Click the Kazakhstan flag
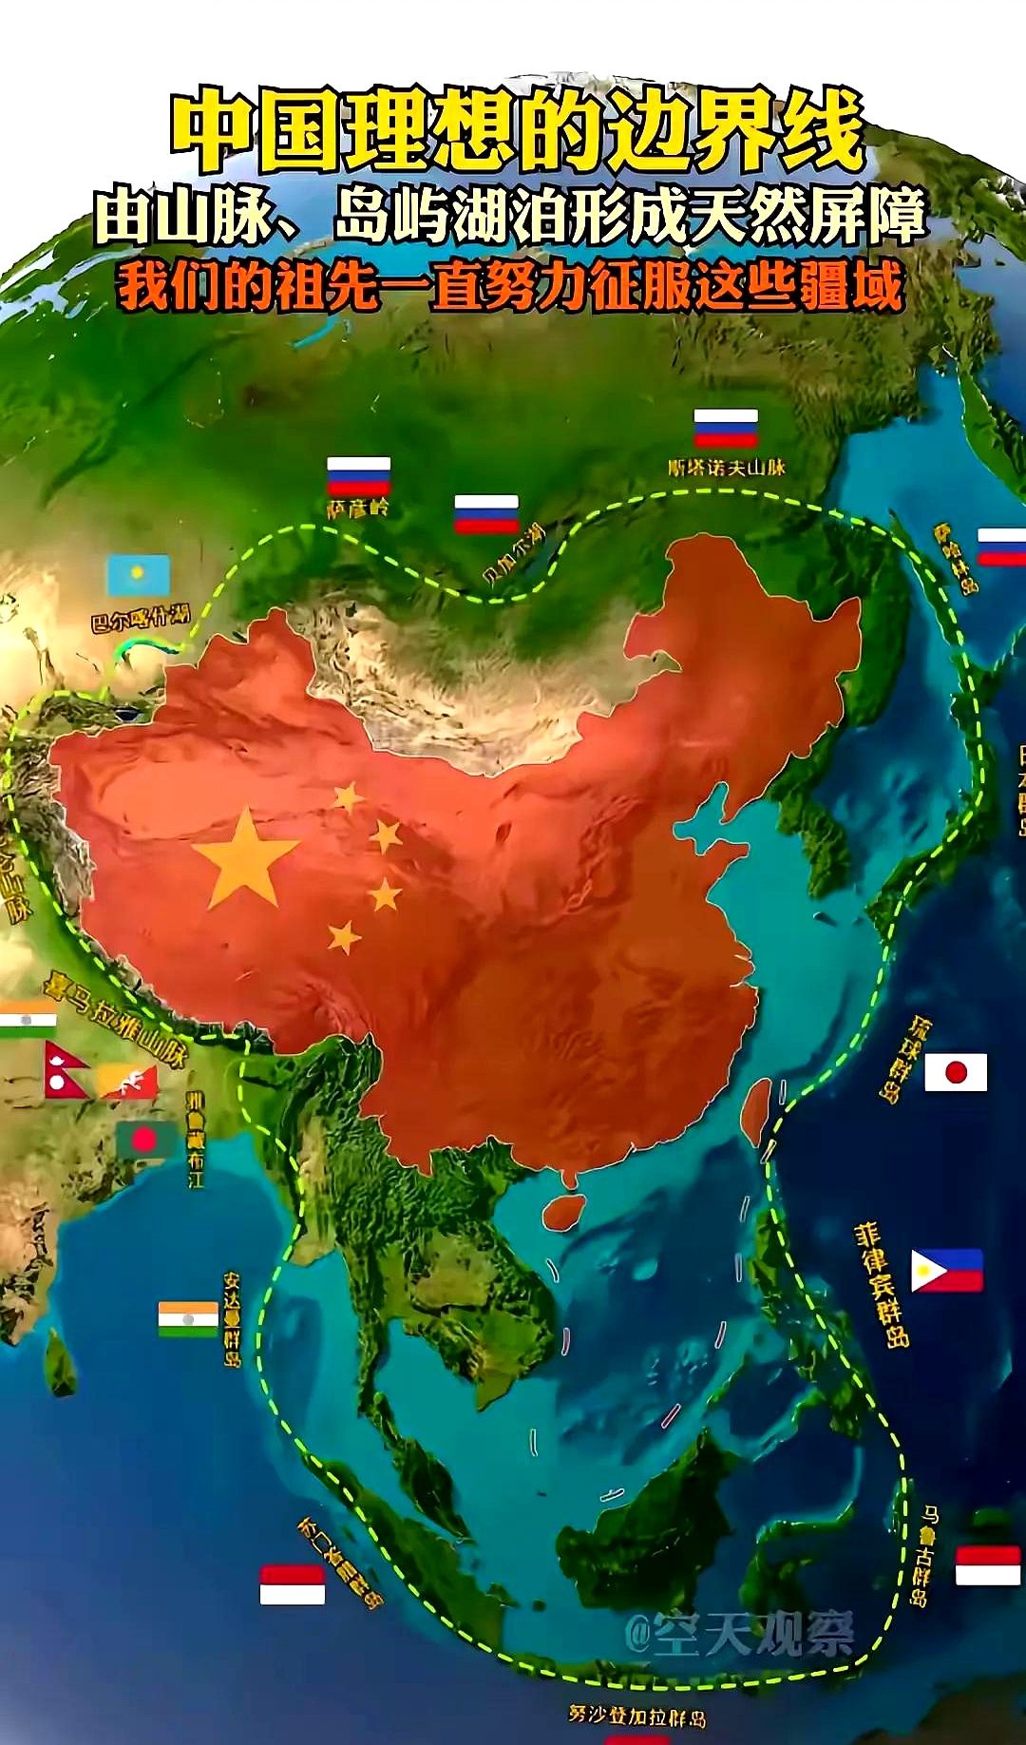point(139,576)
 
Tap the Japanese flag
point(956,1072)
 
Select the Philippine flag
point(946,1271)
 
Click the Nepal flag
point(65,1071)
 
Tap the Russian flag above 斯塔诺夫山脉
point(726,428)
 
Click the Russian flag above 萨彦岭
point(358,476)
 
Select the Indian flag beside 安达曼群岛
point(188,1319)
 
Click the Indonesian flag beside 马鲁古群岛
point(987,1565)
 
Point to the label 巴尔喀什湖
point(141,617)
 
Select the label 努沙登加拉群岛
point(636,1716)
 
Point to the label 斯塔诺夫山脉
point(727,468)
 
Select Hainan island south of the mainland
point(563,1211)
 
